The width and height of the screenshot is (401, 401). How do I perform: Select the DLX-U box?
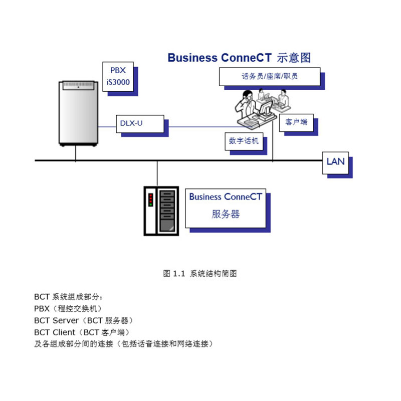point(140,122)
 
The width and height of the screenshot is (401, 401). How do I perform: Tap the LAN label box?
point(335,161)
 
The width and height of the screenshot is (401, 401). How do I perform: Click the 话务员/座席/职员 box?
point(269,77)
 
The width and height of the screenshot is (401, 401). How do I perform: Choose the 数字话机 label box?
point(244,141)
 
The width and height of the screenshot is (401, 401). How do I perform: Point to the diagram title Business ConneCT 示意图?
point(239,58)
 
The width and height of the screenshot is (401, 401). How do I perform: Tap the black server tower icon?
point(160,210)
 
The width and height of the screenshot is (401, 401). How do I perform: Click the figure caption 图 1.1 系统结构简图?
point(200,274)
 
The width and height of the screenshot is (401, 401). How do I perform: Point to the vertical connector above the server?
point(157,173)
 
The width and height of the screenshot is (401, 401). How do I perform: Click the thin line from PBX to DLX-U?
point(106,126)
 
